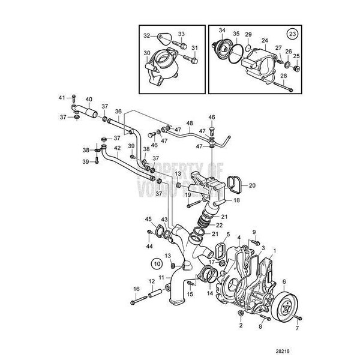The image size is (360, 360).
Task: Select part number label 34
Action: click(222, 29)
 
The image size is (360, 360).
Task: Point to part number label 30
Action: click(147, 52)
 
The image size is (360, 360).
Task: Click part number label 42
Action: click(118, 147)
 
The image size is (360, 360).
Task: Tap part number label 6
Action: click(283, 281)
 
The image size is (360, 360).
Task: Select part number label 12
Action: click(151, 281)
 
